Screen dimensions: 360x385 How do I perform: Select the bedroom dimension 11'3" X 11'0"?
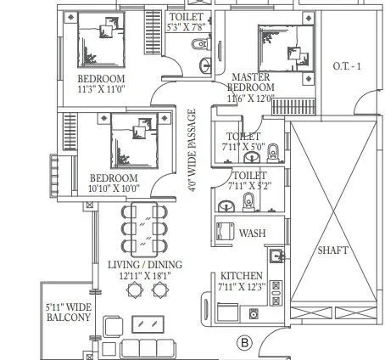[x=101, y=87]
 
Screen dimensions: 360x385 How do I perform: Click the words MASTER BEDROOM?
[x=253, y=82]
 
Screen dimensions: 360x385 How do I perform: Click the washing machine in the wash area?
[x=226, y=233]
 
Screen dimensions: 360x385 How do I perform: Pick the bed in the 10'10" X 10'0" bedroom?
[x=127, y=140]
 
